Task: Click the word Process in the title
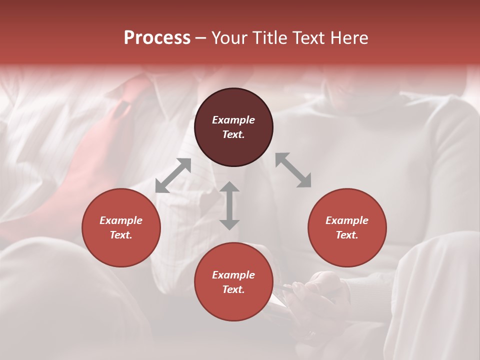(x=157, y=38)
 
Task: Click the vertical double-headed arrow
(x=229, y=205)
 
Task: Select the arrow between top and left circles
(x=173, y=175)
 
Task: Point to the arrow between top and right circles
(x=293, y=170)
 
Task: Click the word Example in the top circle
(x=233, y=120)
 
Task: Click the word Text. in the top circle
(x=233, y=134)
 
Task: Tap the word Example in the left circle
(x=121, y=220)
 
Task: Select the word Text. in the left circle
(x=121, y=235)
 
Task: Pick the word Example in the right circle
(x=347, y=220)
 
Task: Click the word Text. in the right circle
(x=347, y=235)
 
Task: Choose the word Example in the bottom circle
(x=233, y=275)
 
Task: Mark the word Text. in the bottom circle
(x=233, y=289)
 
